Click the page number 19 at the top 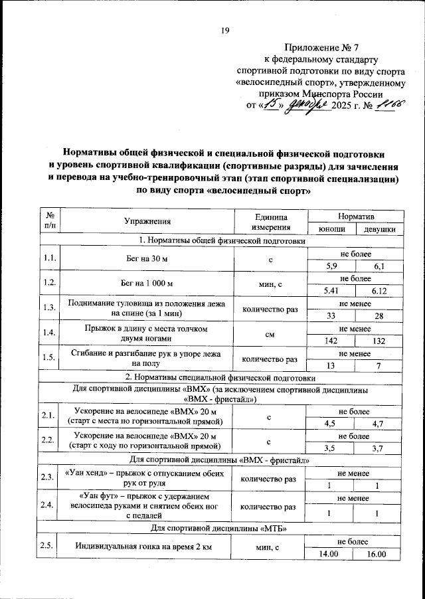coord(224,29)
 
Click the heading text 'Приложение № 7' coord(321,47)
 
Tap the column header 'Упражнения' coord(147,222)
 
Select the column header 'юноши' coord(331,229)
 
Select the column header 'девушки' coord(379,229)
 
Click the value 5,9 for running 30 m coord(331,266)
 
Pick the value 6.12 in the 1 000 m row coord(379,291)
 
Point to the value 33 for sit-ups coord(331,316)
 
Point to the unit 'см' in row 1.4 coord(270,335)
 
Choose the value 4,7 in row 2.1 coord(379,423)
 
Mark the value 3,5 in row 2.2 coord(331,448)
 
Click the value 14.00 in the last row coord(331,555)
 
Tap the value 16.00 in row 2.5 coord(379,555)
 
